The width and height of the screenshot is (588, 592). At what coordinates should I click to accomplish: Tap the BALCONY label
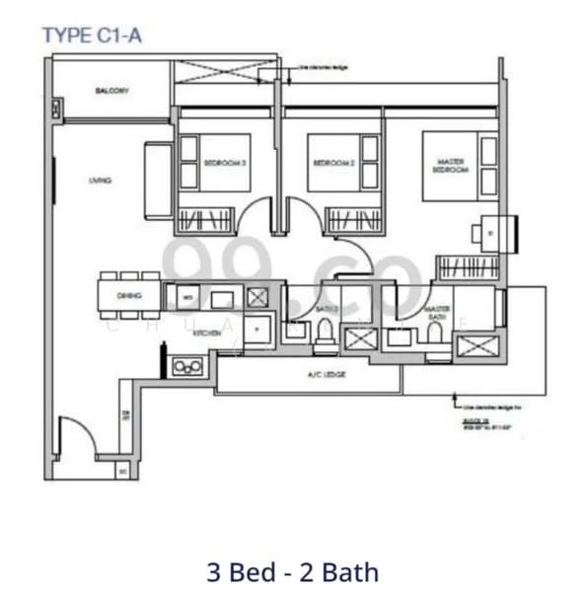coord(113,91)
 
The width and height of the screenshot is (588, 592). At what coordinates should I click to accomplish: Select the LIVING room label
coord(99,181)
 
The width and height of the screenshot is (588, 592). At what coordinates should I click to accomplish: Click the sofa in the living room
coord(158,181)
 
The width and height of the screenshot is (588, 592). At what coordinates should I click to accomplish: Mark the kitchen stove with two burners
coord(185,366)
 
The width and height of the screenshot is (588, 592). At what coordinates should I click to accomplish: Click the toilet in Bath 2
coord(322,338)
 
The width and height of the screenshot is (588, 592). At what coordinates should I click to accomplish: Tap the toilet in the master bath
coord(434,335)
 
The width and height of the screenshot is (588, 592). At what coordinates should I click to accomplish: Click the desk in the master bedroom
coord(489,231)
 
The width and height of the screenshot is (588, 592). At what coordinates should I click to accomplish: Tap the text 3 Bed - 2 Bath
coord(293,570)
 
